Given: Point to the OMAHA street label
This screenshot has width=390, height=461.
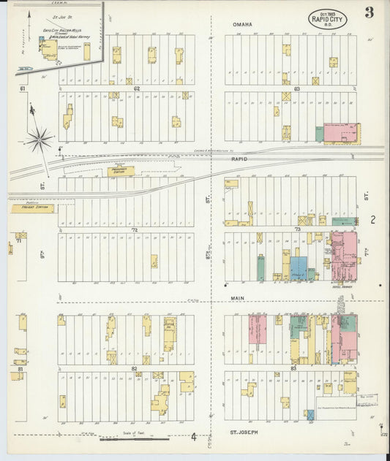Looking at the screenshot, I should [242, 25].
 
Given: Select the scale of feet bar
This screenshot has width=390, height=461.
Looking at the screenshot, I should [134, 439].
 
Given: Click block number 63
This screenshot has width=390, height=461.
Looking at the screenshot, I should [296, 88].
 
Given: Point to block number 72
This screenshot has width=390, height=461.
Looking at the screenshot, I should [135, 229].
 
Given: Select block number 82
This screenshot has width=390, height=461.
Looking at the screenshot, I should [134, 368].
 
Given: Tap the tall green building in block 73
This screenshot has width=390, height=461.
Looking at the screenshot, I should [260, 267].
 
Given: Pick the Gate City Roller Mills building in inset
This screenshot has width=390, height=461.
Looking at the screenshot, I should [50, 49].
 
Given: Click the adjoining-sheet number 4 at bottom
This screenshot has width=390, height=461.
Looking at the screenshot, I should [194, 438].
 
